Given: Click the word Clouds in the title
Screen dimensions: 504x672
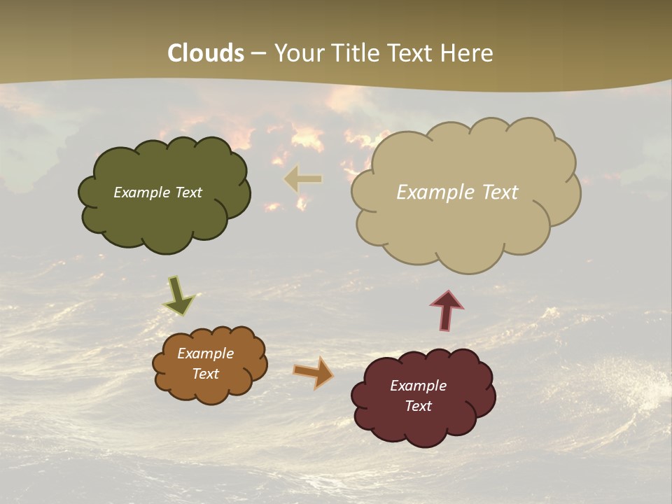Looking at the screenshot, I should [x=206, y=53].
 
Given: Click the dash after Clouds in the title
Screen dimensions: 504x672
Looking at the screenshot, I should [x=258, y=54].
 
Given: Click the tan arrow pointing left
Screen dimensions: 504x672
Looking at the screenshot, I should [x=303, y=179].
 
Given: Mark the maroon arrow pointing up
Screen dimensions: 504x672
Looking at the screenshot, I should [x=447, y=310].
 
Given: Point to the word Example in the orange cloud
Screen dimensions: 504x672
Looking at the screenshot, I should [x=205, y=353].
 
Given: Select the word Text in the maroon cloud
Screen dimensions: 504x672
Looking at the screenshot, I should [x=419, y=406].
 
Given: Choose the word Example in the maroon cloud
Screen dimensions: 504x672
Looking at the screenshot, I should [x=418, y=386].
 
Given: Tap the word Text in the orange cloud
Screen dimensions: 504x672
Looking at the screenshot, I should [x=206, y=374].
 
